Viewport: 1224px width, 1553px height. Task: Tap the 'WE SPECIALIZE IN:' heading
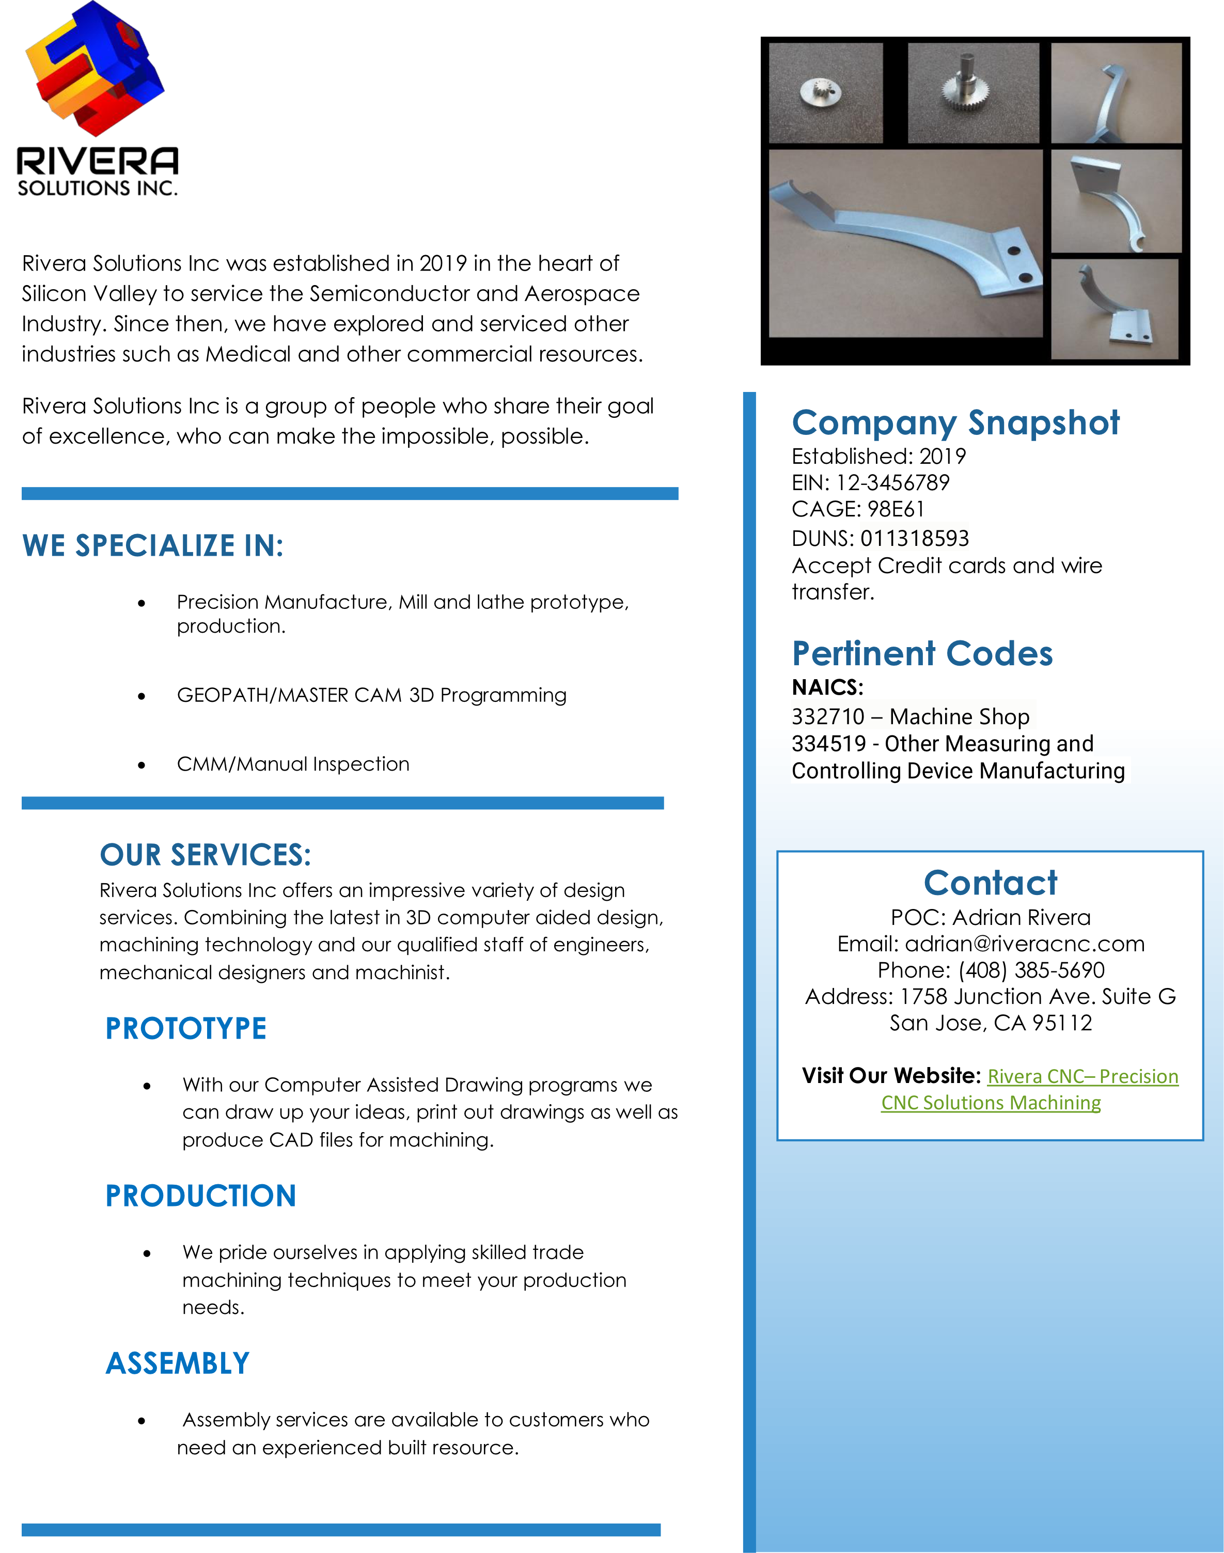point(153,546)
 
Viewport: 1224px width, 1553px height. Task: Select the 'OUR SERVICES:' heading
point(205,855)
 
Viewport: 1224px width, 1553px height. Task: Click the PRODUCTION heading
point(201,1196)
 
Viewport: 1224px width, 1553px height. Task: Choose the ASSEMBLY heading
point(178,1363)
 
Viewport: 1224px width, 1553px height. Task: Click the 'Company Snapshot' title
point(955,423)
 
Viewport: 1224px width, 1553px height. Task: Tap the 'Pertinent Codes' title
point(922,654)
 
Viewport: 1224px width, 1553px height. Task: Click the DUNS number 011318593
point(915,538)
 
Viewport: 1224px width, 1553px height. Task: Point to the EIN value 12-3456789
point(893,483)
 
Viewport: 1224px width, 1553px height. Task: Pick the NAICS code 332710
point(828,717)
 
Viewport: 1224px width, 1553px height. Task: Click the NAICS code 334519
point(828,744)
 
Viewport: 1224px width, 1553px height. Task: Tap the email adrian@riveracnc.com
point(1025,944)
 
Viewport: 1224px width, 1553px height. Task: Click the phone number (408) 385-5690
point(1031,970)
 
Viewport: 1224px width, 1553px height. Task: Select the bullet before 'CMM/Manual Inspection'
point(142,765)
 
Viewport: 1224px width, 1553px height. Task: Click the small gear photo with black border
point(826,92)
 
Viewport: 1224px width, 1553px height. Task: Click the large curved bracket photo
point(905,243)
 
